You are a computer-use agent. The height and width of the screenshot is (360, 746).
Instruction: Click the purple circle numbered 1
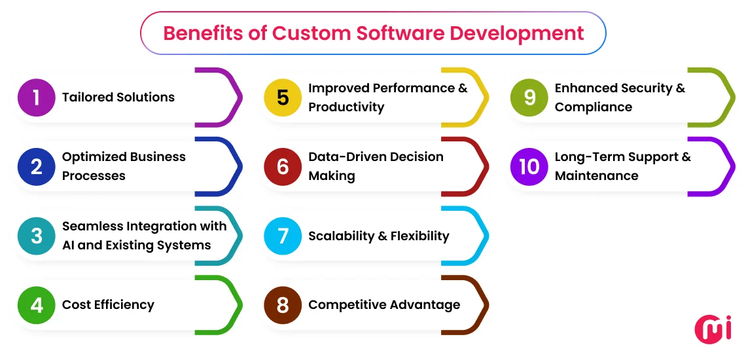(x=36, y=98)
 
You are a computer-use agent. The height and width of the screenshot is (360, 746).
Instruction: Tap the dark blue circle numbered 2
(x=36, y=166)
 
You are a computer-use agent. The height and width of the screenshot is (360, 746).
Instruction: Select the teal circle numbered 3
(x=36, y=236)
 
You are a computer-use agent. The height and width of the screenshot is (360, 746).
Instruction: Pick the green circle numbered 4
(x=36, y=305)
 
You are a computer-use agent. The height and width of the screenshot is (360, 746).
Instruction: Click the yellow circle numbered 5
(x=283, y=98)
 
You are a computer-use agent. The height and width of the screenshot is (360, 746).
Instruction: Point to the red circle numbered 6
(x=283, y=166)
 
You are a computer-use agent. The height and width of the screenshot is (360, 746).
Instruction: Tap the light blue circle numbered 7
(x=283, y=236)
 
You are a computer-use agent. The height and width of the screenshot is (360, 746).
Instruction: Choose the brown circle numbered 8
(x=283, y=305)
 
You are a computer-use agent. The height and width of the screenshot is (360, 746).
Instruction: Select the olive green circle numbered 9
(x=529, y=98)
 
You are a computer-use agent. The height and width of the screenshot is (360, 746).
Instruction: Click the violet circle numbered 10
(x=529, y=166)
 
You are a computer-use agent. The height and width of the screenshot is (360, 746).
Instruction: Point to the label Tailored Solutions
(x=118, y=98)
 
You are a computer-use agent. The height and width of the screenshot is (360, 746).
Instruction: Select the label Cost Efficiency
(x=108, y=305)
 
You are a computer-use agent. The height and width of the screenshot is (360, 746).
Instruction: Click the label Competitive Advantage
(x=384, y=305)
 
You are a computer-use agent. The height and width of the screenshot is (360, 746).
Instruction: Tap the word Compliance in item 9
(x=593, y=107)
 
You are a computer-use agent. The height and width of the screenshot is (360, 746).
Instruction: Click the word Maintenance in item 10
(x=596, y=176)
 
